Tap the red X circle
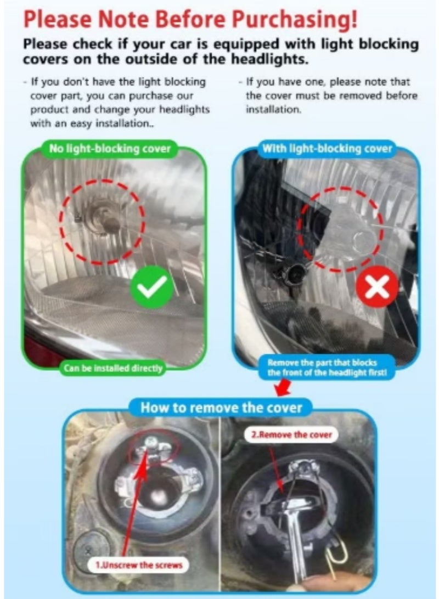[x=377, y=287]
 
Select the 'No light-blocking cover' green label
[x=110, y=148]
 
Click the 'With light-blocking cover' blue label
[x=327, y=148]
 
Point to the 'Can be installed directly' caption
[x=113, y=368]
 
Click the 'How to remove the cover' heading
[x=221, y=408]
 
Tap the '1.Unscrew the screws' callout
[x=139, y=565]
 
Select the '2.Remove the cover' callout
[x=291, y=434]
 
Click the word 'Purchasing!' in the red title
[x=295, y=20]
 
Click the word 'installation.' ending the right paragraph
[x=274, y=110]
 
